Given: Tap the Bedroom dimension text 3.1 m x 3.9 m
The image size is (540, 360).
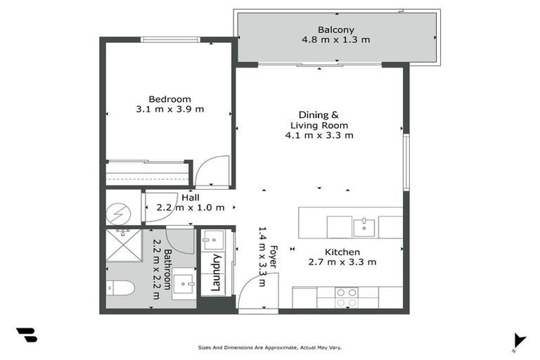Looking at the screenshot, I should [x=169, y=109].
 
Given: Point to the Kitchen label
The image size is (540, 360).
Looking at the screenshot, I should [x=342, y=252].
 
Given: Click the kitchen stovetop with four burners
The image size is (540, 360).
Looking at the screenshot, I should [x=345, y=297].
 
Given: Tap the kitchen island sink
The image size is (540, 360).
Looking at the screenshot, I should [x=364, y=227].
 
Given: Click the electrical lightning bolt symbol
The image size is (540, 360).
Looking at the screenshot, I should [x=117, y=211].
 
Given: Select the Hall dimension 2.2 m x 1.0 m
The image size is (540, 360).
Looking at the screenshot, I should [x=191, y=207].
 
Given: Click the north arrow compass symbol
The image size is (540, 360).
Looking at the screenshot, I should [x=518, y=340].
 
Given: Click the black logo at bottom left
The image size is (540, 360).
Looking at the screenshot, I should [x=27, y=335].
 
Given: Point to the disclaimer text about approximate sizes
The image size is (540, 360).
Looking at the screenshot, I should [x=270, y=347].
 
